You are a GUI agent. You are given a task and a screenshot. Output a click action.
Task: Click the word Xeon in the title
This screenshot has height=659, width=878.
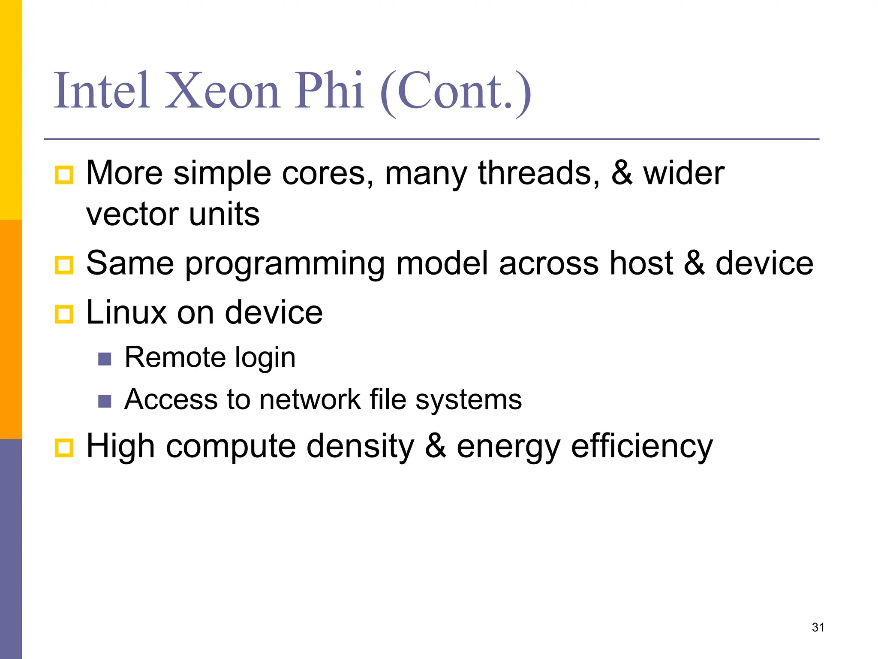pyautogui.click(x=222, y=91)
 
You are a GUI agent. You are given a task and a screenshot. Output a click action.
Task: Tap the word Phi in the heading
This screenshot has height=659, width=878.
pyautogui.click(x=329, y=91)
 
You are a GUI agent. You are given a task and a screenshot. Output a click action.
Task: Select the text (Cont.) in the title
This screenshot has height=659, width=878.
pyautogui.click(x=456, y=92)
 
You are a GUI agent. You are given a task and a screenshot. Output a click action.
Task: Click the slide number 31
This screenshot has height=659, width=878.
pyautogui.click(x=818, y=627)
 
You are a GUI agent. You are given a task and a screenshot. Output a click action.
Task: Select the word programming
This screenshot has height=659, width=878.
pyautogui.click(x=285, y=263)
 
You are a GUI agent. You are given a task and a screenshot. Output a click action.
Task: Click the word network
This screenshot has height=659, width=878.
pyautogui.click(x=310, y=400)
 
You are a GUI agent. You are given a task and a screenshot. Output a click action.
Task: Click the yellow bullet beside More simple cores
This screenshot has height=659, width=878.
pyautogui.click(x=64, y=175)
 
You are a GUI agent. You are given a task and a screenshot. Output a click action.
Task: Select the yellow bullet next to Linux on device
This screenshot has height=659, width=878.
pyautogui.click(x=64, y=314)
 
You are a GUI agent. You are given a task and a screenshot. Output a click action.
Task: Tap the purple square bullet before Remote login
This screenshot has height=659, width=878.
pyautogui.click(x=105, y=359)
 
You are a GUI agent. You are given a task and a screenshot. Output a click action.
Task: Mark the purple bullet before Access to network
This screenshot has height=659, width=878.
pyautogui.click(x=105, y=401)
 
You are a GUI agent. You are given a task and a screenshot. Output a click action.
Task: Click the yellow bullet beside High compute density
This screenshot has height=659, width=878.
pyautogui.click(x=64, y=448)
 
